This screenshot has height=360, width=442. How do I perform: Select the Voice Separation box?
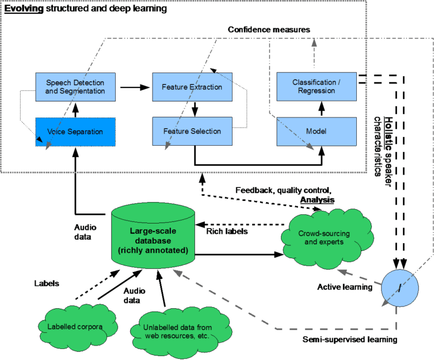click(x=75, y=131)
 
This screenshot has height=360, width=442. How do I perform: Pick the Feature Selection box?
click(x=192, y=131)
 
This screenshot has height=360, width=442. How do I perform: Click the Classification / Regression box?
click(x=317, y=86)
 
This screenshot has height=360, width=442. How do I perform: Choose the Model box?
click(x=317, y=131)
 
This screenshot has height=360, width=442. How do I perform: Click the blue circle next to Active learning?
click(x=399, y=286)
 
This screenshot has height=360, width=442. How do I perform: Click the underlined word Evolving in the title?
click(x=24, y=9)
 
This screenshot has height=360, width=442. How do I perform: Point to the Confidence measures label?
click(x=269, y=29)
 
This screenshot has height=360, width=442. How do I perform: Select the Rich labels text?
click(x=227, y=231)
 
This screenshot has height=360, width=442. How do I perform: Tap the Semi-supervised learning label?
click(x=349, y=339)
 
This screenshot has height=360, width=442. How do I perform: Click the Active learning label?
click(x=345, y=286)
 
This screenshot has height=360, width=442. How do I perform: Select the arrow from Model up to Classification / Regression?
click(x=322, y=108)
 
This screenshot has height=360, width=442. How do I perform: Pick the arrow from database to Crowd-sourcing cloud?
click(x=238, y=253)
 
